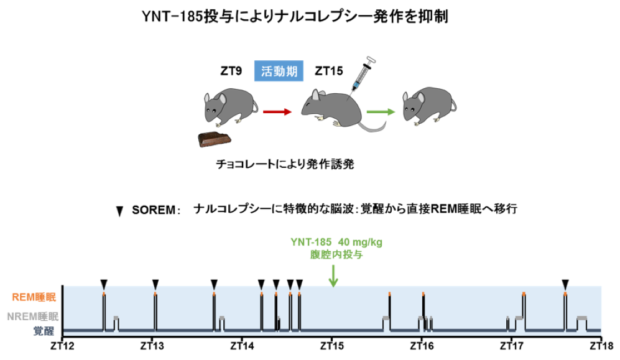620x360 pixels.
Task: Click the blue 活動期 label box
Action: pos(279,72)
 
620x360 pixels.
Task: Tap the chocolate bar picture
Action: pos(215,139)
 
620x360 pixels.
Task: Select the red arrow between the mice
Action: pos(277,112)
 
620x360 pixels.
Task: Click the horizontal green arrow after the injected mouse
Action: pos(381,112)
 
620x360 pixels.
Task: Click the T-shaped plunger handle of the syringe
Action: pos(371,61)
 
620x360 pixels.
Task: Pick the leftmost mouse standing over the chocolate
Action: pos(229,105)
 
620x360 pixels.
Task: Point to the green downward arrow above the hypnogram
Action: pos(333,275)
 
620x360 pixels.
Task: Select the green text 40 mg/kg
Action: pos(361,242)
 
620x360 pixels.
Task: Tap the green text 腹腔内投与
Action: pos(336,254)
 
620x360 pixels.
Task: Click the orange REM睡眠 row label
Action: pos(34,297)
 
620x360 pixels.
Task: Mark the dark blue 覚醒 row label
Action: pos(44,331)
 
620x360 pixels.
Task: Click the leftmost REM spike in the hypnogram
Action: pos(104,308)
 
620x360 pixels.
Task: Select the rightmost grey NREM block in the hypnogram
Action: pos(581,318)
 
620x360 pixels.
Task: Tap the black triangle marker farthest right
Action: pos(565,285)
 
